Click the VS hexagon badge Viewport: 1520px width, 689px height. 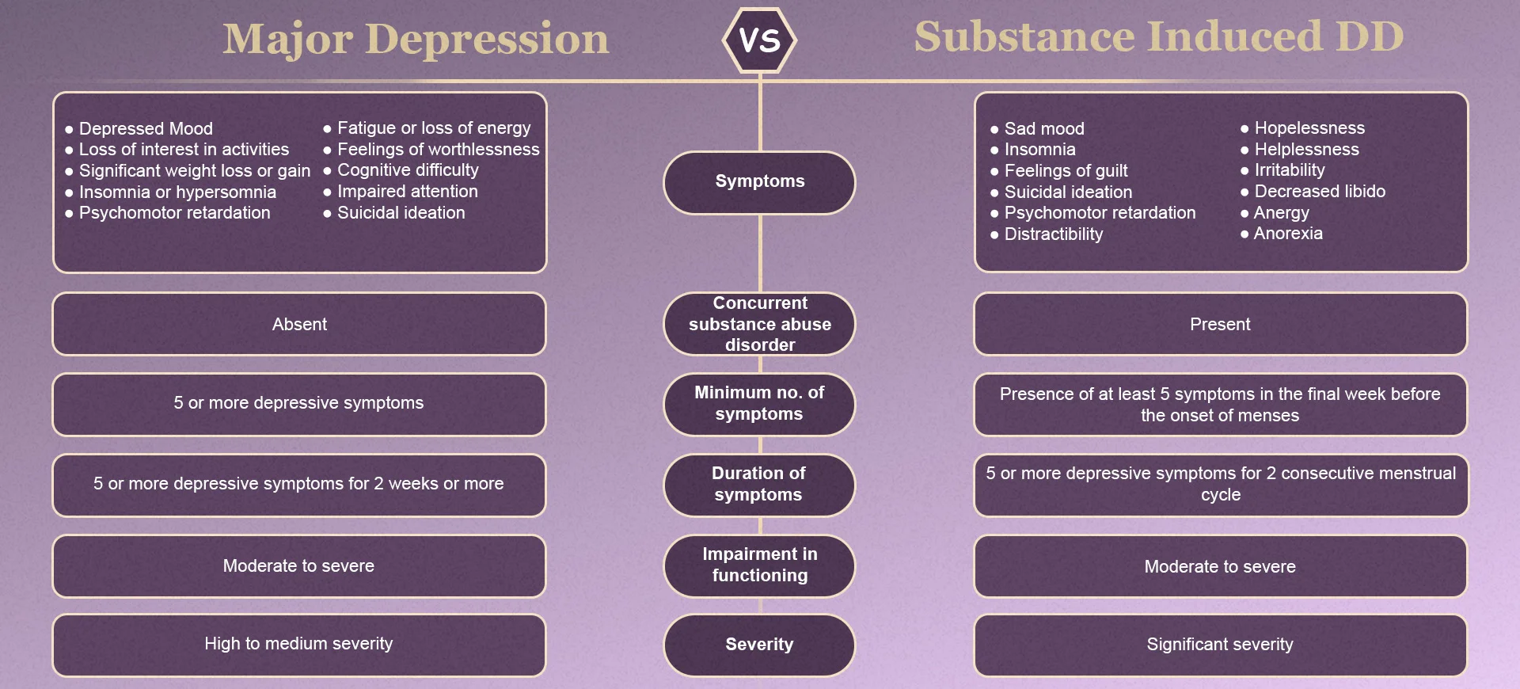(759, 40)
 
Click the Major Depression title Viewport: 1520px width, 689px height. (416, 40)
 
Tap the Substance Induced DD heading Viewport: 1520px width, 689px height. (1158, 37)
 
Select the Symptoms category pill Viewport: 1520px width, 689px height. (759, 181)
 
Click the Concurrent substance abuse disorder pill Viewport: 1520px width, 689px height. (759, 324)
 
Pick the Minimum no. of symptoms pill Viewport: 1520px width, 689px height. (759, 404)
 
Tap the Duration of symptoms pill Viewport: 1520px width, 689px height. (759, 485)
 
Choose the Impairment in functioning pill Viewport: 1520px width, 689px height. (759, 565)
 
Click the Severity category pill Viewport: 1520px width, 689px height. (759, 645)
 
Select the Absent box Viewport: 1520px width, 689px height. (299, 324)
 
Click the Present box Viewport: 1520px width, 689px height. (1220, 324)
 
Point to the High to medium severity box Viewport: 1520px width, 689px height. (299, 644)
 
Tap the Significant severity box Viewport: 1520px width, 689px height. (1220, 645)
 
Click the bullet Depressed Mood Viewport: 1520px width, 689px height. (146, 128)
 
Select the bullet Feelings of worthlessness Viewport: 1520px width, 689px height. (438, 149)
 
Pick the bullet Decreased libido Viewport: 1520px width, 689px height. (1320, 191)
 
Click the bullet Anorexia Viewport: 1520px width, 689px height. (1288, 234)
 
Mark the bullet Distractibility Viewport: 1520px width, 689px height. (1053, 234)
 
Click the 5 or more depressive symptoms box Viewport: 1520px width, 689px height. (299, 403)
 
